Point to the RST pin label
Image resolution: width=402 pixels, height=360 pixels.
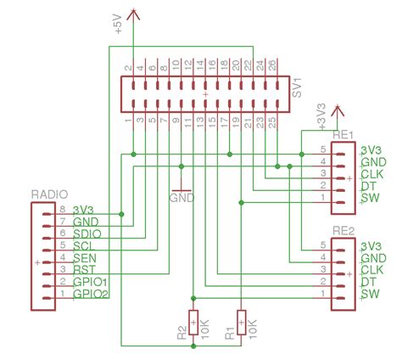click(84, 269)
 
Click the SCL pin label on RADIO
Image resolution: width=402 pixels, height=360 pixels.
click(84, 245)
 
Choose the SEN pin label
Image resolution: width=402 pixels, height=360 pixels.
click(84, 257)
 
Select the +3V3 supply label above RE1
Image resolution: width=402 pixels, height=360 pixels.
click(321, 119)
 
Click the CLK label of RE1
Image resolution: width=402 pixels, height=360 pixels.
click(373, 174)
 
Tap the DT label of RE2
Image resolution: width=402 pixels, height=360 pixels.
click(368, 283)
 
